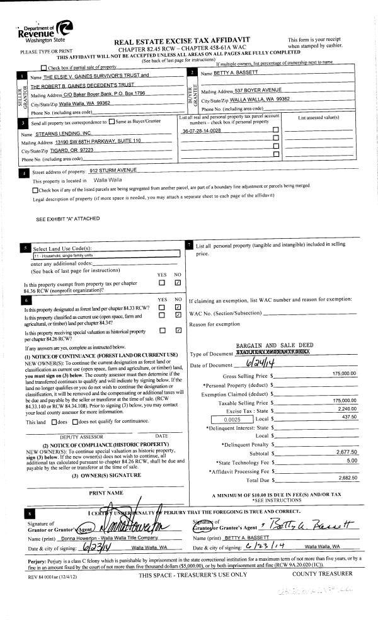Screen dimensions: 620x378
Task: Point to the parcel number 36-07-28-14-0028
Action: coord(201,130)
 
